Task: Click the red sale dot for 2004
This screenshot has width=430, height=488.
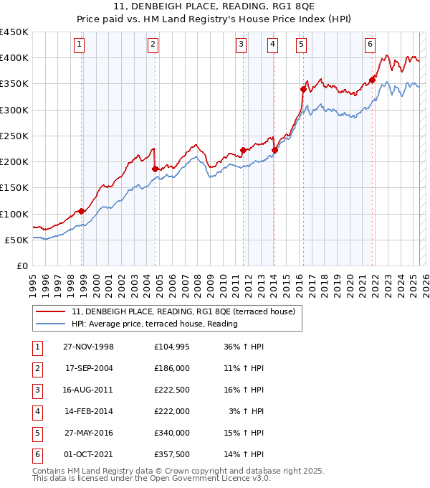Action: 156,169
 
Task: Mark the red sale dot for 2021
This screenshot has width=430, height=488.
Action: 373,80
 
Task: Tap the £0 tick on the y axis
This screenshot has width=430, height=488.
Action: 21,266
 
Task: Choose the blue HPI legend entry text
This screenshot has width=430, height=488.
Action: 154,324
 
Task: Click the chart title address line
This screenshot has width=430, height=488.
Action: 215,8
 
